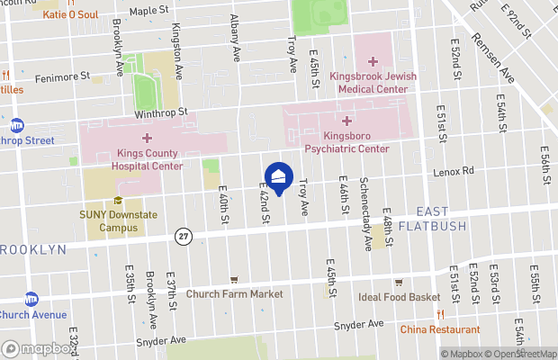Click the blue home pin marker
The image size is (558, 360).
pos(279,176)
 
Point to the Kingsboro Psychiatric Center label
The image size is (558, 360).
pos(346,142)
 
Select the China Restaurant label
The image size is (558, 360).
pos(439,328)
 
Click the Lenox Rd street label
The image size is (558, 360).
pos(454,171)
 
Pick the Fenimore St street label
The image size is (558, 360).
pos(63,78)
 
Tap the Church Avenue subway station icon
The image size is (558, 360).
pos(31,299)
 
